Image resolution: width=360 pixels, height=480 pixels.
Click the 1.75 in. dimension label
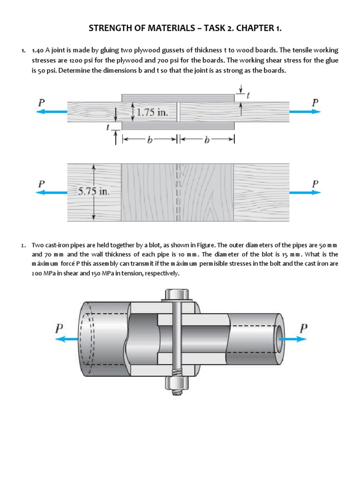153,113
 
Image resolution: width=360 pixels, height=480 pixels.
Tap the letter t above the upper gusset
248,95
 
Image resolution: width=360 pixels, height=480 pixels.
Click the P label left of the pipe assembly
59,328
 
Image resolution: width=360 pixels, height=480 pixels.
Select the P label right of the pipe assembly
304,328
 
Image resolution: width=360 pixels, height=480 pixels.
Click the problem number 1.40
37,50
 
